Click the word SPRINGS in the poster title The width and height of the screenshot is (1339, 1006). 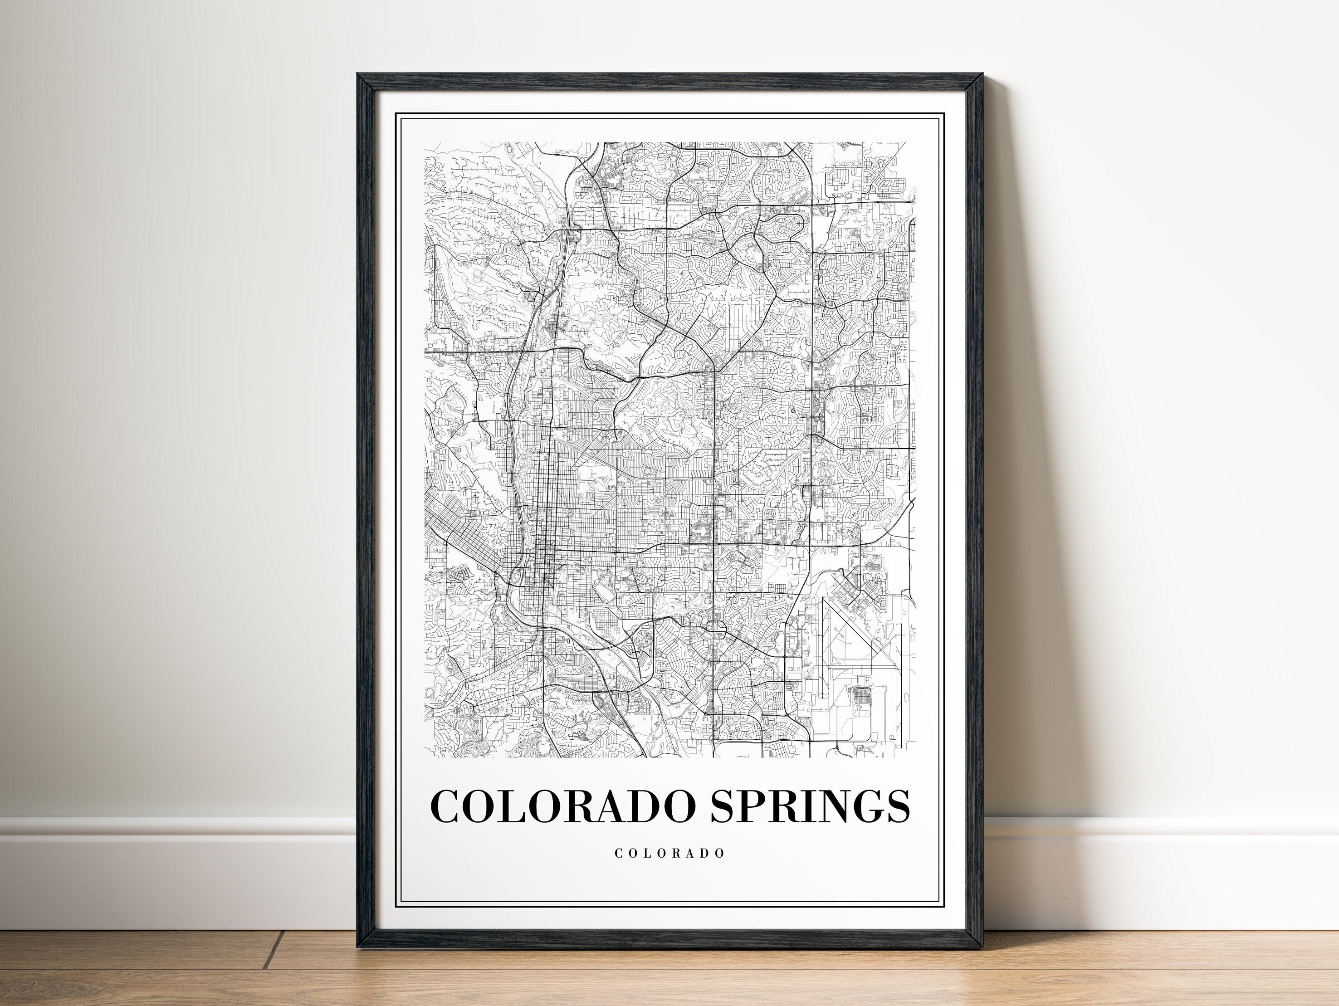coord(811,806)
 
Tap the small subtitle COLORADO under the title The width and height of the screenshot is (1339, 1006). coord(669,854)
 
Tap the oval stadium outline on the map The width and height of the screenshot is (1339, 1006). coord(603,585)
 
